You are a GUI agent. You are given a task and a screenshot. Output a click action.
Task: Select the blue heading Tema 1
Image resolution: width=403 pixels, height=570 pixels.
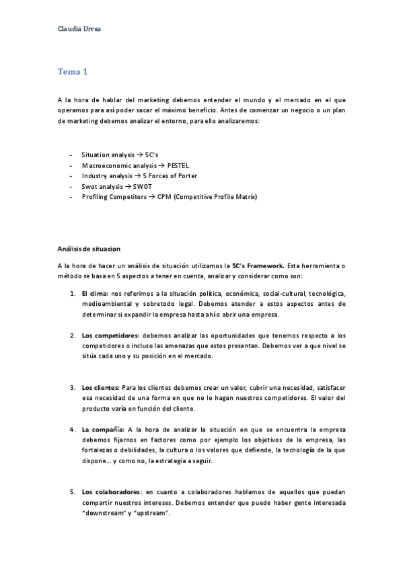tap(72, 71)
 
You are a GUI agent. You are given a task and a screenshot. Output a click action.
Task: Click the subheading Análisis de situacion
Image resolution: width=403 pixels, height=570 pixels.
tap(89, 249)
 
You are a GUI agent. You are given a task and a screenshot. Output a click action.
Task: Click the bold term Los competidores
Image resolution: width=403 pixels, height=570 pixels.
tap(108, 335)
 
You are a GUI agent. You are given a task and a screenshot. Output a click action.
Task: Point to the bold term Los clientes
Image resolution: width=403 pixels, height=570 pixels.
tap(100, 387)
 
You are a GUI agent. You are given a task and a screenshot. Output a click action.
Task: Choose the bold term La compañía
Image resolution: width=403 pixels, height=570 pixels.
tap(102, 429)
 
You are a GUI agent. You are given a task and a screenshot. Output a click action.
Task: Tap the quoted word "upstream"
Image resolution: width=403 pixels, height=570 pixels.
tap(153, 514)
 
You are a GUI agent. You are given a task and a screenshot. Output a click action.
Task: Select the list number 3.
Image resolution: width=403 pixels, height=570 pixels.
tap(73, 387)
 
